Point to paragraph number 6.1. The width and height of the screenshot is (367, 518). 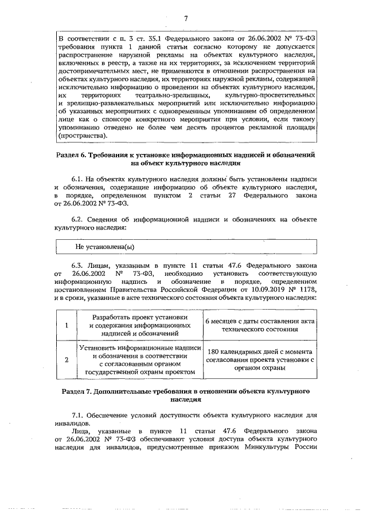(77, 180)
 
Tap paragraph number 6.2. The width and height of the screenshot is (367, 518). (78, 219)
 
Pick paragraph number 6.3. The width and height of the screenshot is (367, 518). (78, 266)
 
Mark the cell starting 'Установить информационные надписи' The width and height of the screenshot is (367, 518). (142, 360)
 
